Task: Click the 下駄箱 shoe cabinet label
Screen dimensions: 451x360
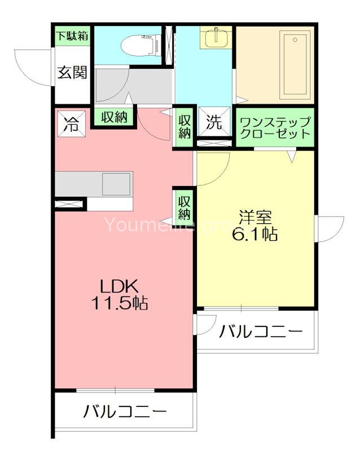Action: [72, 36]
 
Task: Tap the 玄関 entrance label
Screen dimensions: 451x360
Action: [72, 72]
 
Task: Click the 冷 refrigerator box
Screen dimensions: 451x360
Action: [71, 123]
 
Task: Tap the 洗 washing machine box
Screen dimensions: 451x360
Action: [214, 123]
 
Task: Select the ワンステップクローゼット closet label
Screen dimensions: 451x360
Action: [275, 128]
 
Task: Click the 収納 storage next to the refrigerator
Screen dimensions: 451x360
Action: [114, 117]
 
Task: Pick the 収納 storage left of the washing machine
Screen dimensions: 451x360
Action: [185, 127]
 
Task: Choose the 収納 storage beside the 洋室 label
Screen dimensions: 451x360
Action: [185, 206]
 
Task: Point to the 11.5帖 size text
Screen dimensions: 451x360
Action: [120, 303]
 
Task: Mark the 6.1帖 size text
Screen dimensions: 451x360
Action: [255, 235]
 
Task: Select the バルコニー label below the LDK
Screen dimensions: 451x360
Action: [125, 412]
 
